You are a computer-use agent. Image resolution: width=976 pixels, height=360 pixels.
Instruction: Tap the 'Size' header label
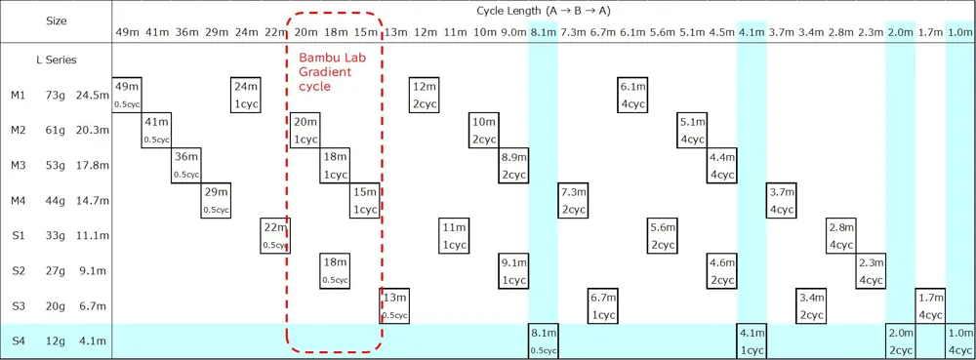pos(56,20)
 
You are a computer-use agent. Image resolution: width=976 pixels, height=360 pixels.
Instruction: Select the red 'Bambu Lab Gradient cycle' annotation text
pos(332,72)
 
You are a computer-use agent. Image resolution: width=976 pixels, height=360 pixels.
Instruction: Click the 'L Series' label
pos(56,60)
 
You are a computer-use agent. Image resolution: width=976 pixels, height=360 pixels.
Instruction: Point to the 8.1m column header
pos(543,32)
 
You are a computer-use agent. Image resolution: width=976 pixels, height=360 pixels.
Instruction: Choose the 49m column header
pos(127,32)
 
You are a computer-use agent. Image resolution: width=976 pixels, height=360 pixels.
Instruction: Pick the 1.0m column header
pos(959,32)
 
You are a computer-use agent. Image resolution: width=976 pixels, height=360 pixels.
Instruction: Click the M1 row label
pos(18,96)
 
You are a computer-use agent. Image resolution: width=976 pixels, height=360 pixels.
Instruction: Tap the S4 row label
pos(18,341)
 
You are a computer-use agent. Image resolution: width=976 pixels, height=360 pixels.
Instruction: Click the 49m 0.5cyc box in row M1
pos(127,96)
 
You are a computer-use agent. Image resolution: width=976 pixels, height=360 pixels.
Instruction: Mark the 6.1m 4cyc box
pos(633,96)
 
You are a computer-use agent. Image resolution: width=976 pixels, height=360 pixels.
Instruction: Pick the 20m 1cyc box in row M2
pos(305,131)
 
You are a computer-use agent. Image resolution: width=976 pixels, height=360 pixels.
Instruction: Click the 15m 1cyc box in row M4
pos(365,201)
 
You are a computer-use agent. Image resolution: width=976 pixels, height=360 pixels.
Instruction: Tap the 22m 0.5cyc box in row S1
pos(275,236)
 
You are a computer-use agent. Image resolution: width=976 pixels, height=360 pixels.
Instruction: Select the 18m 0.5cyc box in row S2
pos(336,271)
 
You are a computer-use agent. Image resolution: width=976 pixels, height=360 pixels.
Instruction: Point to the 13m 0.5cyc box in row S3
pos(394,306)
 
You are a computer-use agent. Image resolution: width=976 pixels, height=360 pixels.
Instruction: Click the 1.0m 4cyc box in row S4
pos(960,341)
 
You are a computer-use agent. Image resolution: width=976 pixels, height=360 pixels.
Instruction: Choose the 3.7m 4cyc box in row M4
pos(781,201)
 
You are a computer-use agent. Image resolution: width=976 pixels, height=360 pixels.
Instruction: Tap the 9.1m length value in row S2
pos(96,271)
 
